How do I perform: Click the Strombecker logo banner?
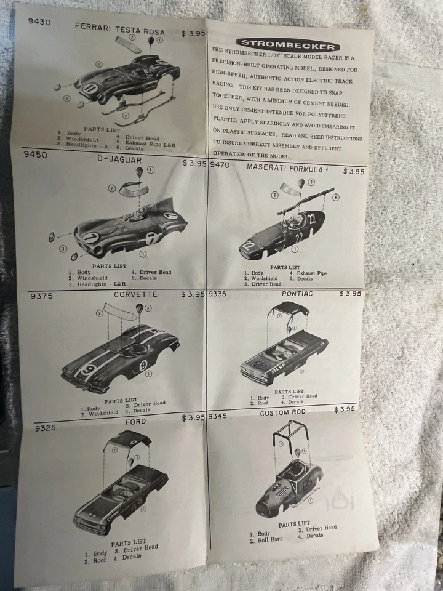[288, 44]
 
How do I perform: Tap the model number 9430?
[39, 22]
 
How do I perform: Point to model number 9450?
[35, 155]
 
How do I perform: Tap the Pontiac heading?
[297, 294]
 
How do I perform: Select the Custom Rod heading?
[283, 413]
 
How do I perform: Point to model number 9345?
[217, 416]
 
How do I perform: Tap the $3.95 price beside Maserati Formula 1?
[353, 172]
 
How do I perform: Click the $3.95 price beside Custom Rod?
[345, 409]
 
